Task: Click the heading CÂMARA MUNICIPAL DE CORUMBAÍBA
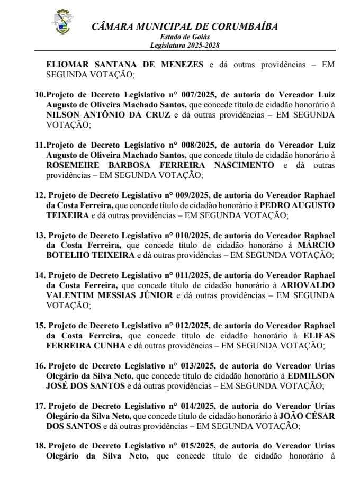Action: [184, 27]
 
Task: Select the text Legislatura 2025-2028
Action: [184, 46]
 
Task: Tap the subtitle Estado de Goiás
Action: [185, 37]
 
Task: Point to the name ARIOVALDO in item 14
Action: [308, 285]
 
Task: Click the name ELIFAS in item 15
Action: [319, 336]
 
